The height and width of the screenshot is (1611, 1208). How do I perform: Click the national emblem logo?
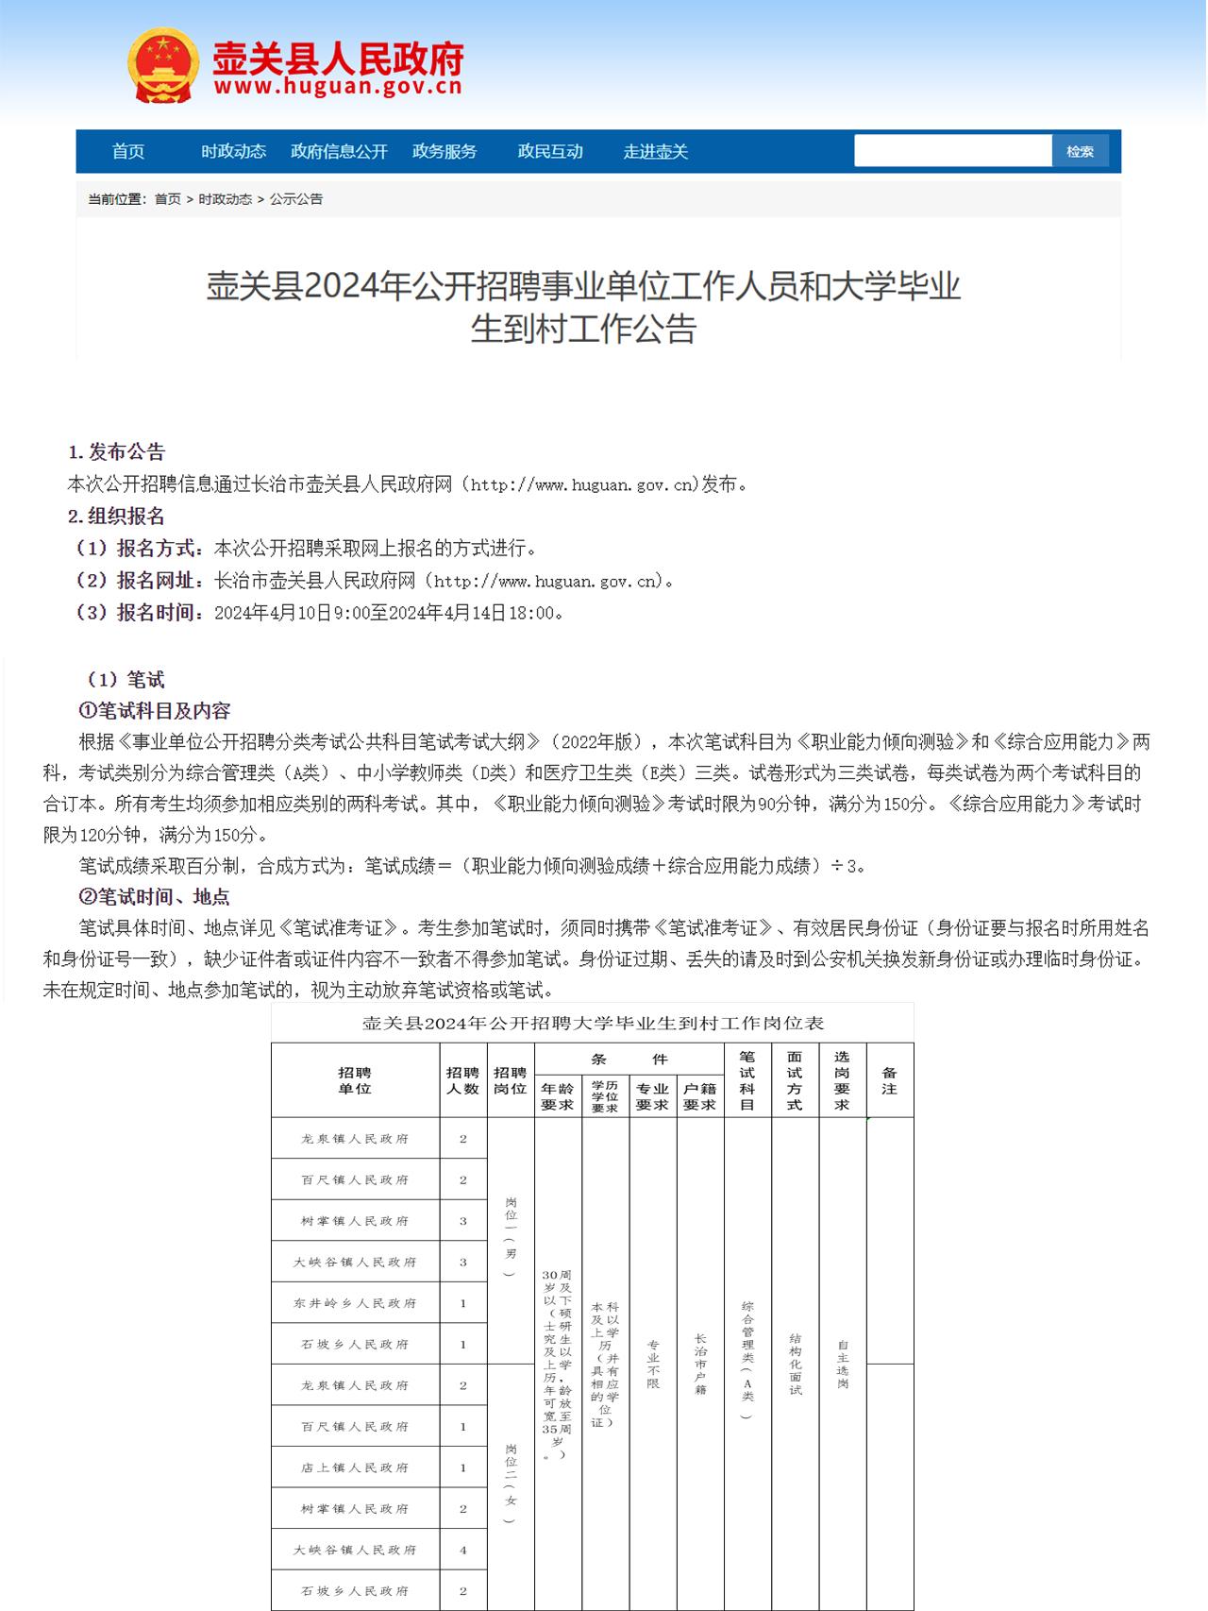(162, 64)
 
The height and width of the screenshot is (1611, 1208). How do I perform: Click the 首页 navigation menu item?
(128, 151)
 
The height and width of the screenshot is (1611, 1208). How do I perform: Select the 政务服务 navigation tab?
(445, 151)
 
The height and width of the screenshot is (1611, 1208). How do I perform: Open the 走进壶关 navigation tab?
(656, 151)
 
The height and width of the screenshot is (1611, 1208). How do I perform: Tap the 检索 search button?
(1080, 151)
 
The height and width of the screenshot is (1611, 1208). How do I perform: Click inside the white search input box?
(951, 151)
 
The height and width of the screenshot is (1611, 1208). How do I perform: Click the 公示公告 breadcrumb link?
(296, 199)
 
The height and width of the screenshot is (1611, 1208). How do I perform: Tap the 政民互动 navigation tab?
(550, 151)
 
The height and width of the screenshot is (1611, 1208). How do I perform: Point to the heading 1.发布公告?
(117, 451)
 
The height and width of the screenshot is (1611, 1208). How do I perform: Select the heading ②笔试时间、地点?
(154, 896)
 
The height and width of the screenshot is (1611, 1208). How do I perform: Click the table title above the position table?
(593, 1023)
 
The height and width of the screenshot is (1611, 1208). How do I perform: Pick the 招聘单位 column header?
(355, 1080)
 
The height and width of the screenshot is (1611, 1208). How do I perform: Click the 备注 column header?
(889, 1080)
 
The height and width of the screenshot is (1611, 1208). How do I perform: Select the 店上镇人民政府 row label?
(355, 1467)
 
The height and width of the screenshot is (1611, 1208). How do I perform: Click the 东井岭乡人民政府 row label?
(355, 1303)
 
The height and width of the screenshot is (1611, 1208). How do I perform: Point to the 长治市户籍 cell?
(700, 1364)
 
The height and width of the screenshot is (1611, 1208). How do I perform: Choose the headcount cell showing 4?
(463, 1550)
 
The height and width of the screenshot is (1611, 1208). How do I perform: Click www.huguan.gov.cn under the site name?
(338, 87)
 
